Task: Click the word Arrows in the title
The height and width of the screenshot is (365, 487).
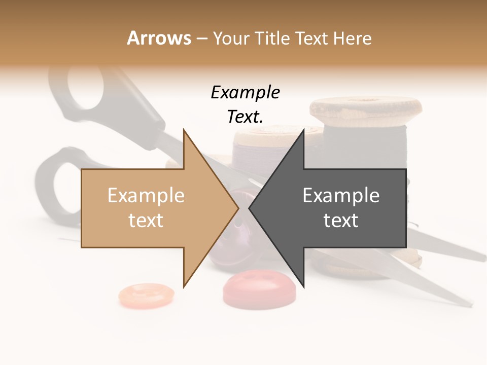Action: (x=159, y=38)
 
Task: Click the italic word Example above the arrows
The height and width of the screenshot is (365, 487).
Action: (x=245, y=93)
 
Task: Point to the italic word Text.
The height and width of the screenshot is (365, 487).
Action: (x=245, y=117)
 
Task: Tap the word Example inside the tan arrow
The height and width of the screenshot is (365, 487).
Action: (x=146, y=196)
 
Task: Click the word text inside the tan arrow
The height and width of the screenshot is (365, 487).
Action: (x=146, y=221)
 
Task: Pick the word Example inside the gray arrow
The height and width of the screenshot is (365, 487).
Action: (x=341, y=196)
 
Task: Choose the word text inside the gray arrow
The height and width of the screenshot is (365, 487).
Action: (x=341, y=221)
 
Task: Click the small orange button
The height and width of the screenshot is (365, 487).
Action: (x=146, y=295)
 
